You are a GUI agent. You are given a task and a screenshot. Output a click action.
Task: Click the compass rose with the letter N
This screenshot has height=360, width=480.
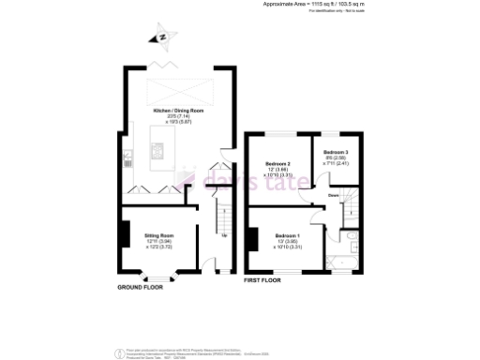click(x=162, y=37)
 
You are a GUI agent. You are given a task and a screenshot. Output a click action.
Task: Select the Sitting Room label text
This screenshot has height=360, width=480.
click(x=158, y=237)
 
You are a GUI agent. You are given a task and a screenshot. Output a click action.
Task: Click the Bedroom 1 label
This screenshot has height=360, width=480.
click(x=287, y=235)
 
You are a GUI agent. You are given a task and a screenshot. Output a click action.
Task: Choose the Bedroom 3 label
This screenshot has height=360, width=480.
click(x=337, y=152)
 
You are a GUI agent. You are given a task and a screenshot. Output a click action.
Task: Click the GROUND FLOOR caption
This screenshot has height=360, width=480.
click(x=141, y=288)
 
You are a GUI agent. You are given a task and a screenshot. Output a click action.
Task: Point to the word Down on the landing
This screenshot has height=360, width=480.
click(x=333, y=195)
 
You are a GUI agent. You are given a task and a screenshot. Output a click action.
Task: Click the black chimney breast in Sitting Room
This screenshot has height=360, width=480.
click(x=125, y=232)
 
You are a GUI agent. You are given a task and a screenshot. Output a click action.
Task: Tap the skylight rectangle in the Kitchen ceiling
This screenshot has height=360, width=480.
click(x=178, y=91)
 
